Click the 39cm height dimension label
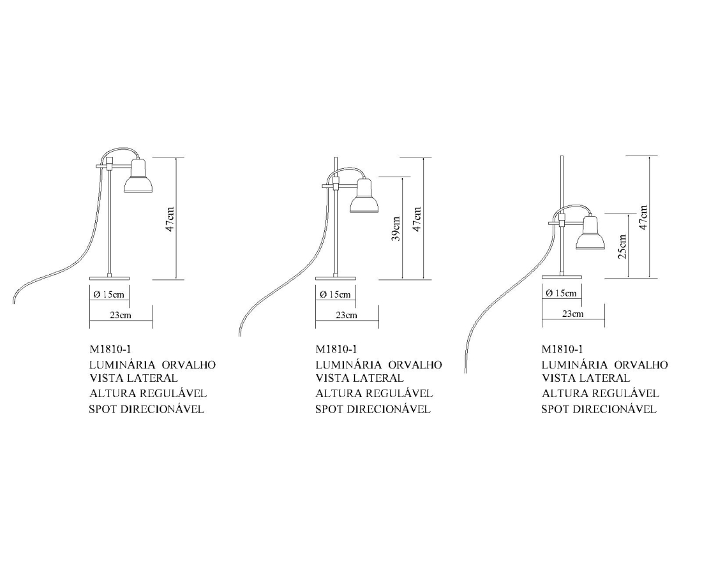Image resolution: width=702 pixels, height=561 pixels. click(396, 229)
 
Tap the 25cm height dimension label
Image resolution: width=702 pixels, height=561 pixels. click(622, 247)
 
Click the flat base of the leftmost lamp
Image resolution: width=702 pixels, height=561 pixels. click(109, 278)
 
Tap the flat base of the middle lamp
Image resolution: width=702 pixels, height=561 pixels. click(335, 278)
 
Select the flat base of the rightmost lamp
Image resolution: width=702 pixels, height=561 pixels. click(562, 277)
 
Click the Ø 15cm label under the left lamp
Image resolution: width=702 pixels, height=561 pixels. click(108, 295)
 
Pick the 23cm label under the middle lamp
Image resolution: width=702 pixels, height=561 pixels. click(347, 315)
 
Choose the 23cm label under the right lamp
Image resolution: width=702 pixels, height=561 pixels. click(572, 314)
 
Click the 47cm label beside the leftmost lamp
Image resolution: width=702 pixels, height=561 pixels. click(170, 219)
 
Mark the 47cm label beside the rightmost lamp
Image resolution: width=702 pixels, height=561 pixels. click(643, 217)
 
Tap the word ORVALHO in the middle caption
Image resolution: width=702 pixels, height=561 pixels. click(415, 365)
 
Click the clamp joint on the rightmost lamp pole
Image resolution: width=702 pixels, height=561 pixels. click(562, 219)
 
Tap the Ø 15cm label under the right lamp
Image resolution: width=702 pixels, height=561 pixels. click(561, 293)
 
